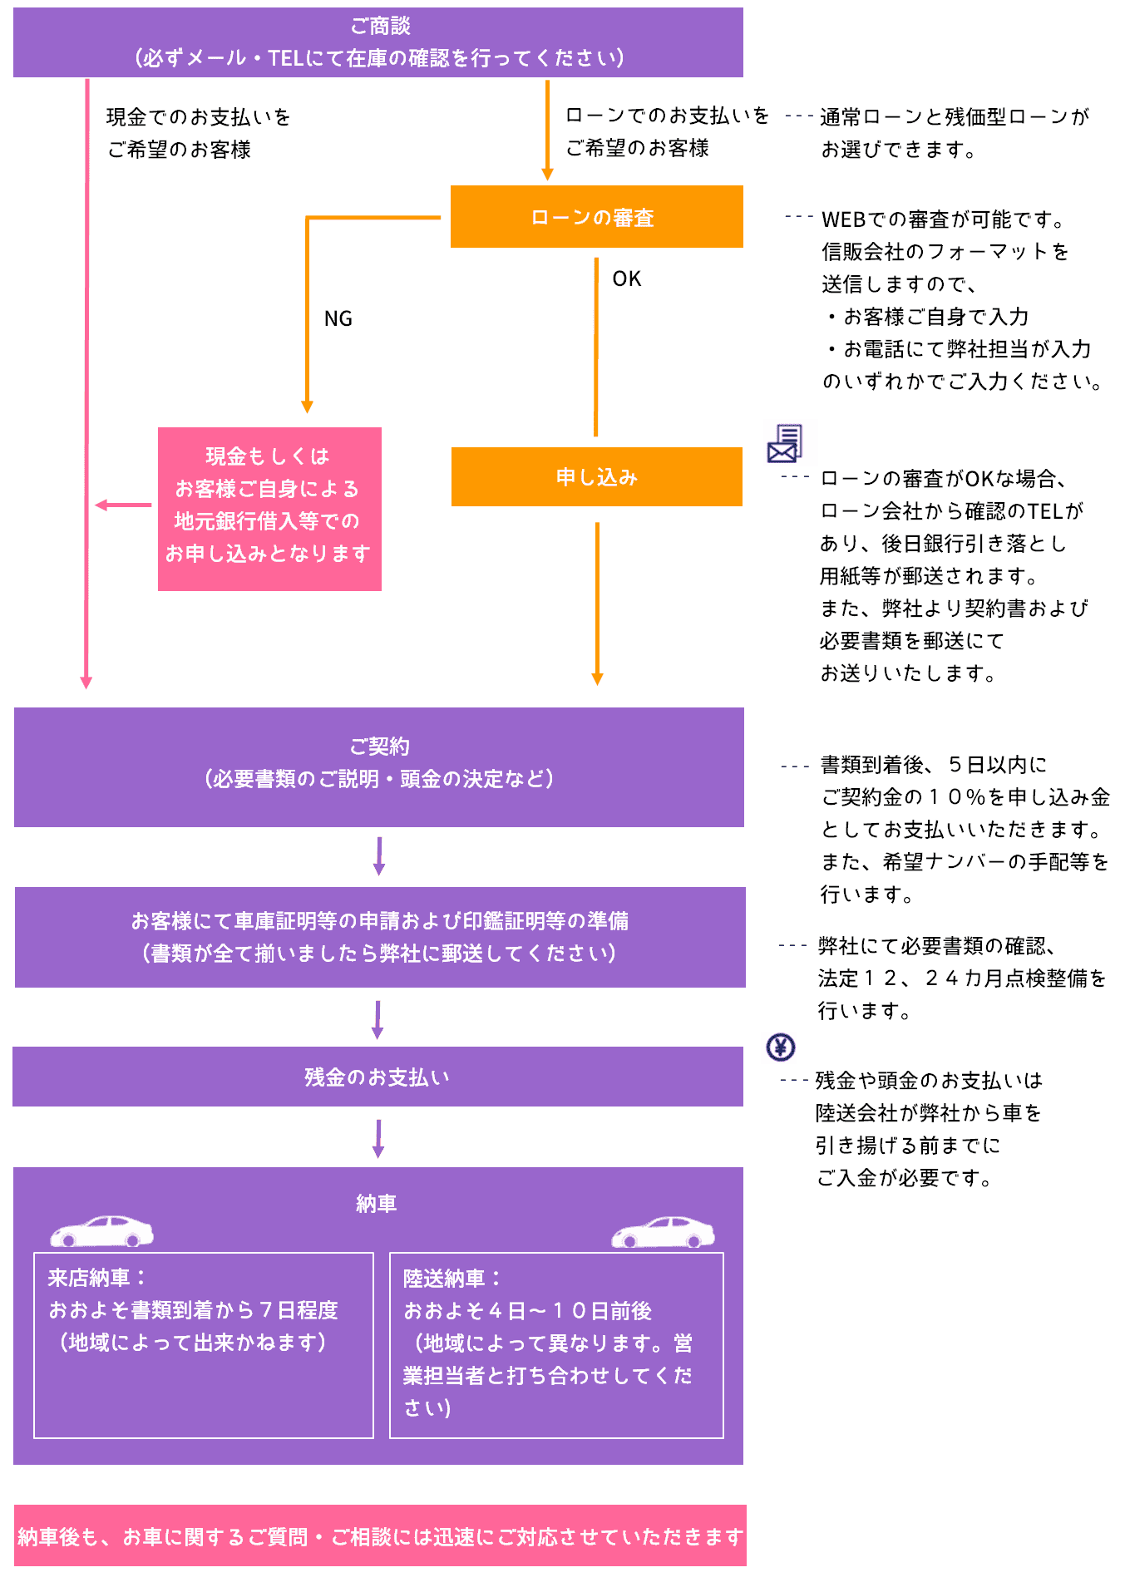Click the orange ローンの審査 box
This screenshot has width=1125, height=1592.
pos(596,217)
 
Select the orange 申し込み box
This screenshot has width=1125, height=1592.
pos(596,476)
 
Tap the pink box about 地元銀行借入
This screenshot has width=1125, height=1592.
pos(269,509)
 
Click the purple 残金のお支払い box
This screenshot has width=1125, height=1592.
pos(377,1077)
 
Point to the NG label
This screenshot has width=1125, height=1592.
pos(338,318)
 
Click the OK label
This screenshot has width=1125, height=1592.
pos(626,278)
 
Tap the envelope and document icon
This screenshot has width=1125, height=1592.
pos(784,443)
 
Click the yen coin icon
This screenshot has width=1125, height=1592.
pos(780,1047)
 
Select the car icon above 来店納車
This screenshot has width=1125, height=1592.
pos(101,1231)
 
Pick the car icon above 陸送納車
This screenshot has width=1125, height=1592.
pos(663,1232)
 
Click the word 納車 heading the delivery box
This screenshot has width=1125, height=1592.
pos(376,1203)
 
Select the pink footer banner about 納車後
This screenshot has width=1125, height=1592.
pos(380,1536)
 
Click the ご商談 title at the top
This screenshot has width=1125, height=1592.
pos(380,26)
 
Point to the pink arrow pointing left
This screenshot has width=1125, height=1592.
pos(122,505)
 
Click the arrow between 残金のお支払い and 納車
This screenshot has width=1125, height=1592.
pos(378,1137)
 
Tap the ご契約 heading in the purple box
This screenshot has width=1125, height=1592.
pos(379,746)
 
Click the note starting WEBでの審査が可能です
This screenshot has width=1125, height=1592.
pos(943,219)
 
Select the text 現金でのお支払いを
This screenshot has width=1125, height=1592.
pos(198,117)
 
